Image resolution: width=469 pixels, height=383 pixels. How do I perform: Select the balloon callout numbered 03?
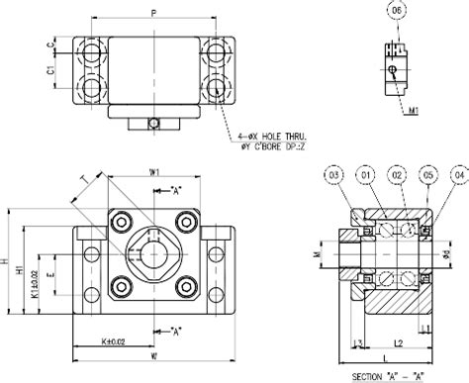click(x=334, y=177)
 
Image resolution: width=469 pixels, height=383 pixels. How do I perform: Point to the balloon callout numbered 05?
click(x=427, y=177)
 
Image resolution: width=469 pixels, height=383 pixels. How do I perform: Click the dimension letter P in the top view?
click(x=152, y=15)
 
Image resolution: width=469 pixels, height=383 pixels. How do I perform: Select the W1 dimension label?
click(x=154, y=172)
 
